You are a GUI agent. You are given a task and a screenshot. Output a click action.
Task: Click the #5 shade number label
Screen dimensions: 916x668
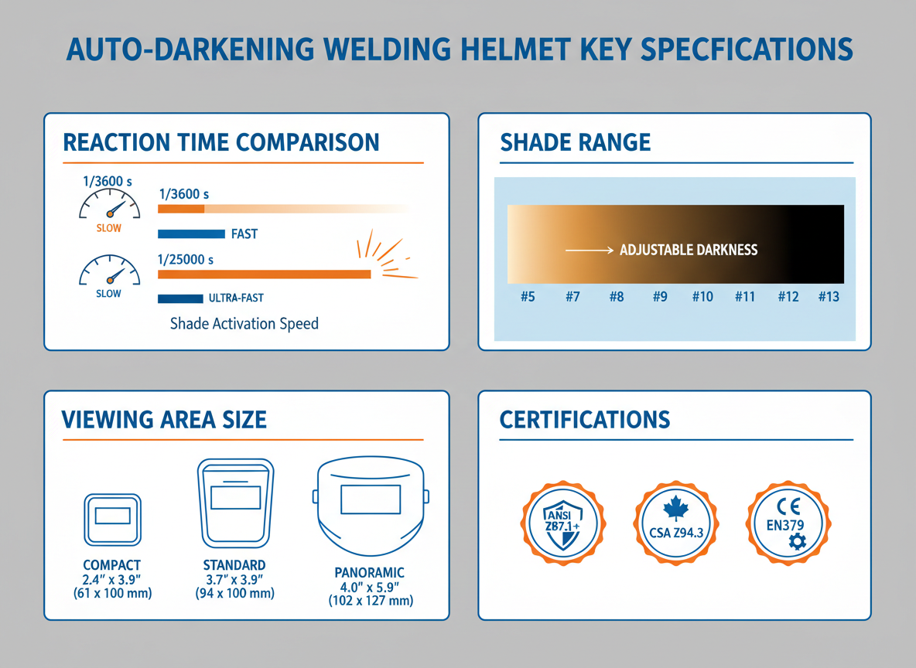click(528, 297)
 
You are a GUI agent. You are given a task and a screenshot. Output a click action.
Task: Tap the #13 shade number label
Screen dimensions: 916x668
click(829, 297)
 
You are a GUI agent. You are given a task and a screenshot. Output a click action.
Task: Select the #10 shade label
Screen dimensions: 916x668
click(702, 297)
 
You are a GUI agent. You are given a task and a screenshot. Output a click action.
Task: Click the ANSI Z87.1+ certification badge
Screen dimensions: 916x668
click(563, 523)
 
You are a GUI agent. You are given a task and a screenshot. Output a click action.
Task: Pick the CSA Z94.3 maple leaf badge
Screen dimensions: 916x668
click(676, 523)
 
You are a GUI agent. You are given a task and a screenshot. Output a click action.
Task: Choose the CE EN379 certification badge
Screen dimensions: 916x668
click(788, 523)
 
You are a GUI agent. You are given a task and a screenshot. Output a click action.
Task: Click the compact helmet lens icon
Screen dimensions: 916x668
click(113, 520)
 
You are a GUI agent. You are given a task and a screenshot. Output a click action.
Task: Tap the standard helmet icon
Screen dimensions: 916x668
click(235, 503)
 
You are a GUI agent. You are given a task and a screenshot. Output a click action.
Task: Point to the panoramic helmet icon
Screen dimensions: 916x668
click(371, 507)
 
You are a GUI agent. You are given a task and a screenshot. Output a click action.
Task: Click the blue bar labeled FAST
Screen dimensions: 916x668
click(191, 234)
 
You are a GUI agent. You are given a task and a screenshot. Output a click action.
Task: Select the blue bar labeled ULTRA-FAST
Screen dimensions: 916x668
click(180, 299)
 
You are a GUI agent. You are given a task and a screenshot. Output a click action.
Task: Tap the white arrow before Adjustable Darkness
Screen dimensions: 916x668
click(590, 250)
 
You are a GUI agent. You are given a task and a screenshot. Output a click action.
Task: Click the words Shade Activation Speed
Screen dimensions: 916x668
click(244, 323)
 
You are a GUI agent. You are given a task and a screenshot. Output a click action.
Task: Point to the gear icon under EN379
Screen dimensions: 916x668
click(797, 542)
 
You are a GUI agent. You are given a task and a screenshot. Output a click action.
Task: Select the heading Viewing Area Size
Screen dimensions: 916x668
click(164, 420)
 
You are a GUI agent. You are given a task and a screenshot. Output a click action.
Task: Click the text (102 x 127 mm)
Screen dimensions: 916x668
click(371, 601)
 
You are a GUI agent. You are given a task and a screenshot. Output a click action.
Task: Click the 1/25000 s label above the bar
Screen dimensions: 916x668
click(186, 259)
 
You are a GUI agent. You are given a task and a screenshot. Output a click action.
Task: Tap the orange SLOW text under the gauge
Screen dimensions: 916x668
click(108, 228)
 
